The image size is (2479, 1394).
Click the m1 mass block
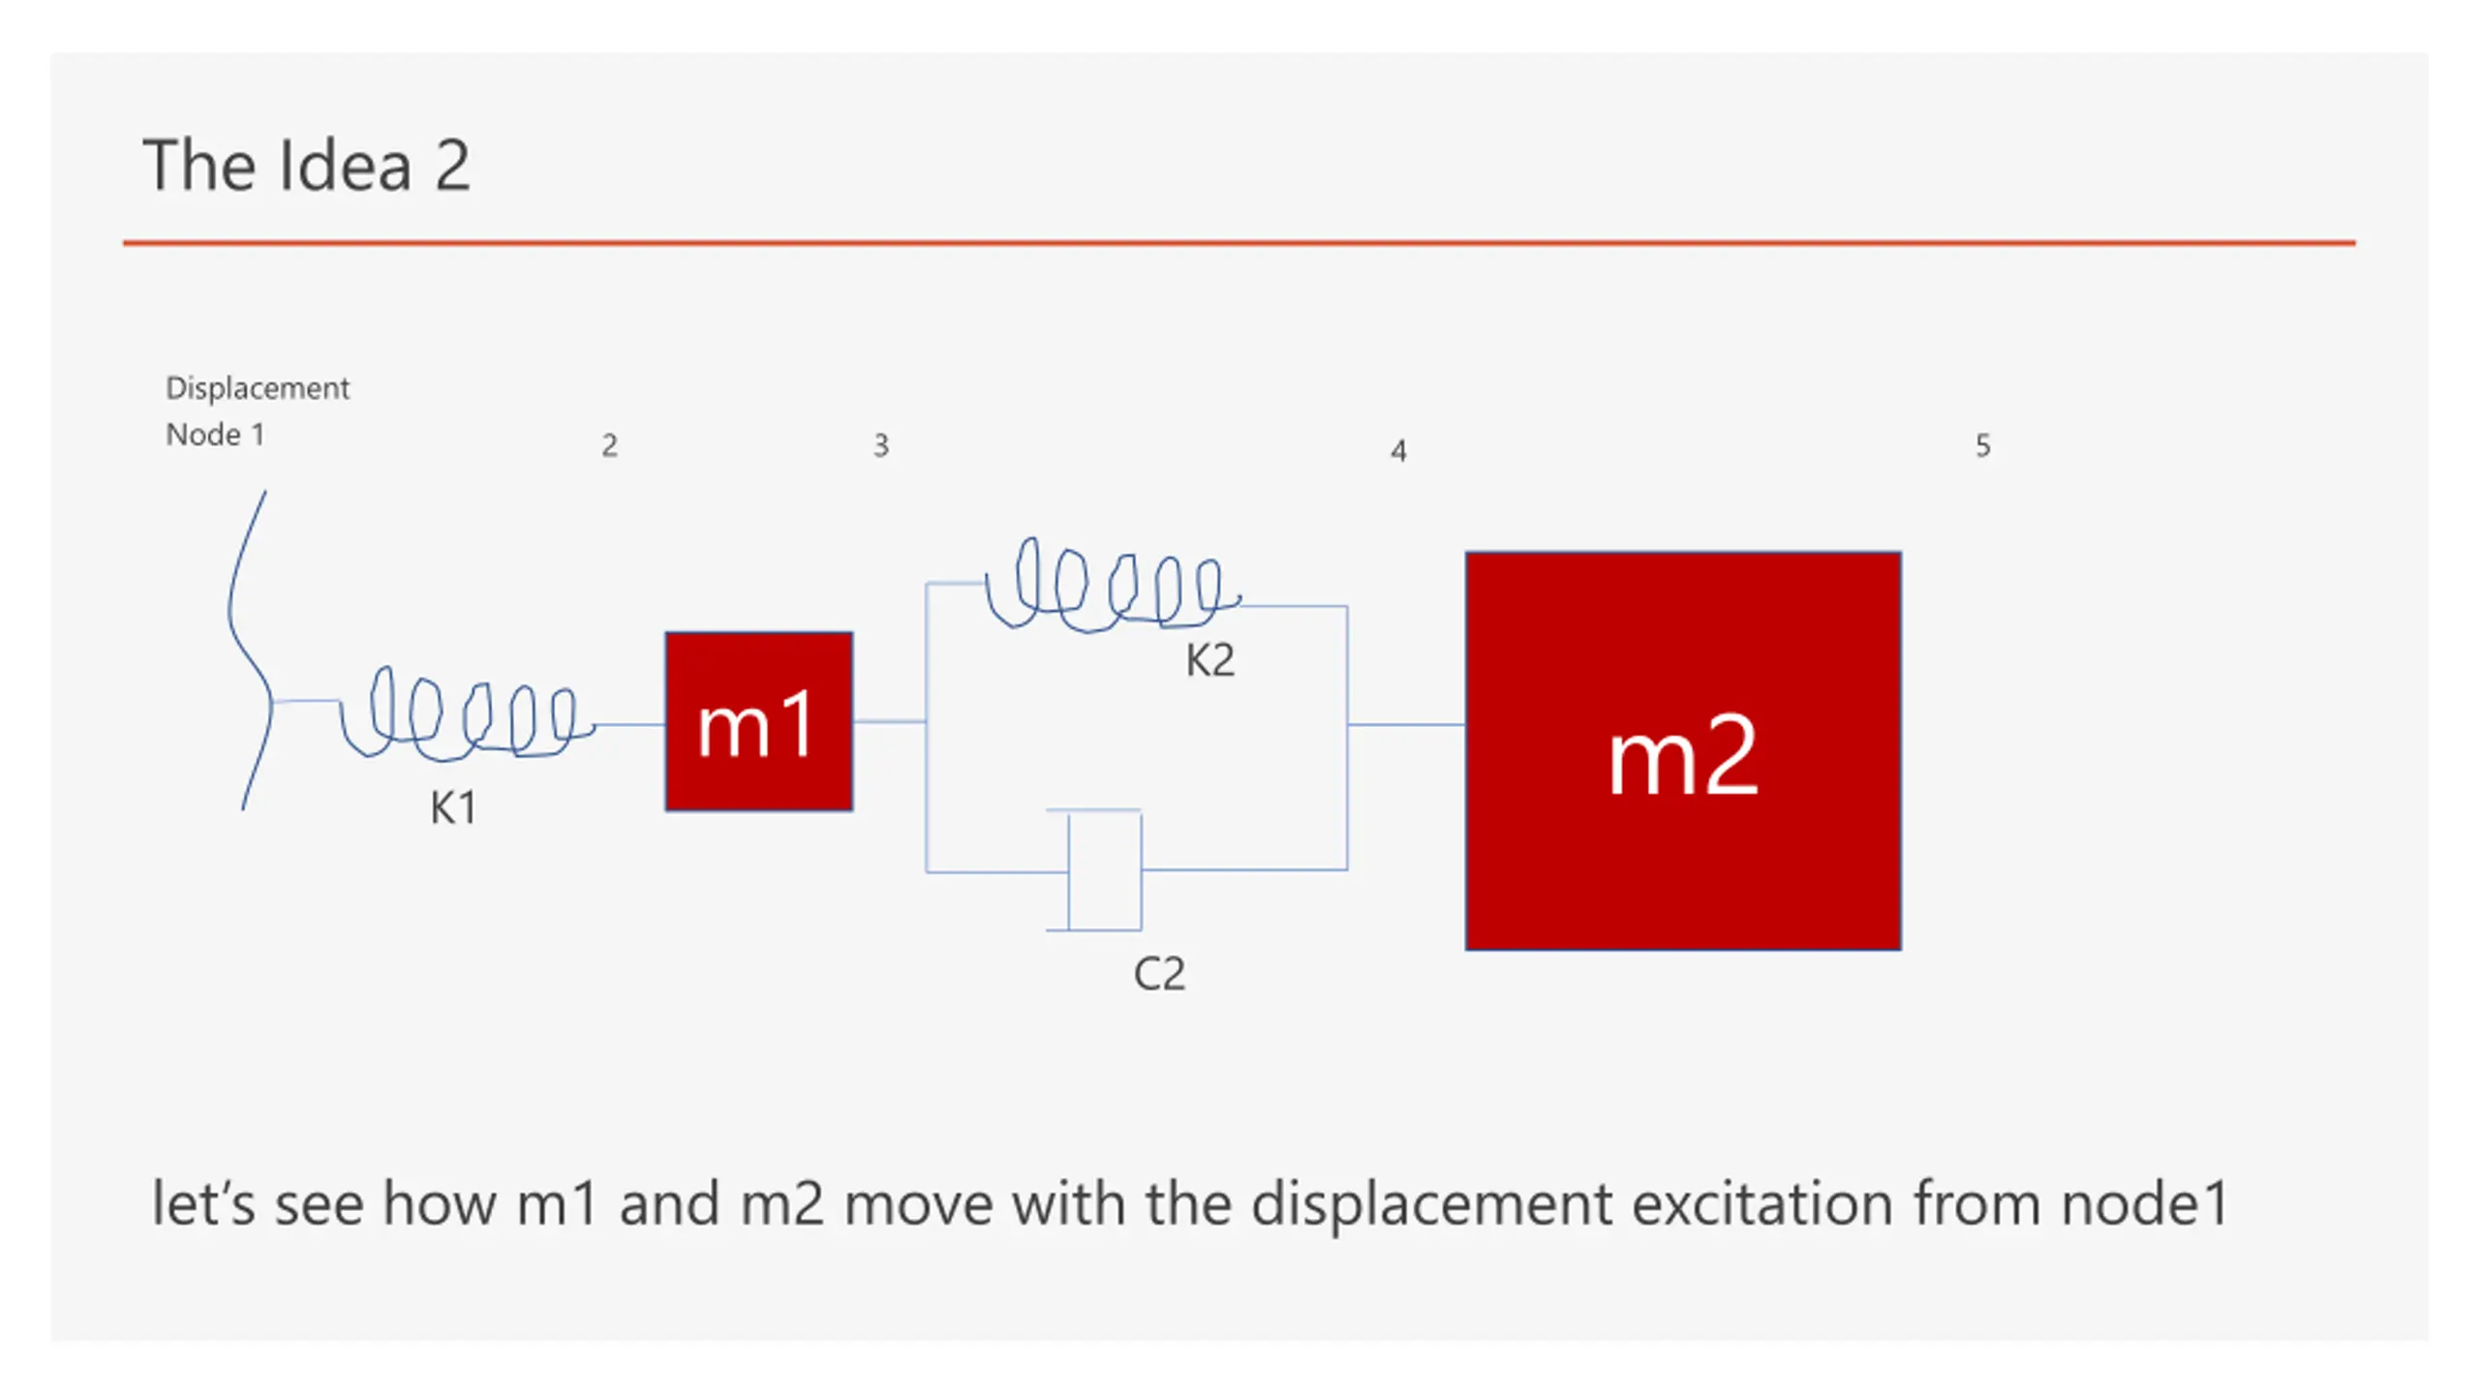(758, 721)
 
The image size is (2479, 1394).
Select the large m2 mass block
(1682, 751)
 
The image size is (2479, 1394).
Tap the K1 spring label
(453, 808)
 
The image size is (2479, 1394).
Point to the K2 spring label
(1209, 661)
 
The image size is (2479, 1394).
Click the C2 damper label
(1158, 974)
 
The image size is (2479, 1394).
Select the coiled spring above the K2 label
(1114, 586)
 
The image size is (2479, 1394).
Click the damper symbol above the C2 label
(1104, 870)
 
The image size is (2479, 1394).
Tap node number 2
(609, 446)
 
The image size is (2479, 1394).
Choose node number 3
(880, 446)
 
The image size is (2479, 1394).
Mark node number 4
(1397, 451)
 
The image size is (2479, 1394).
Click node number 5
(1982, 446)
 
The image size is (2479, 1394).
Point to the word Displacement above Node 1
(257, 389)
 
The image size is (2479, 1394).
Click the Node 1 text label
(215, 435)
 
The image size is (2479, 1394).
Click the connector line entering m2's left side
(1405, 724)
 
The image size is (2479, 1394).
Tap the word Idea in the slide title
(345, 166)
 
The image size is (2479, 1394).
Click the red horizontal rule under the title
(1239, 243)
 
